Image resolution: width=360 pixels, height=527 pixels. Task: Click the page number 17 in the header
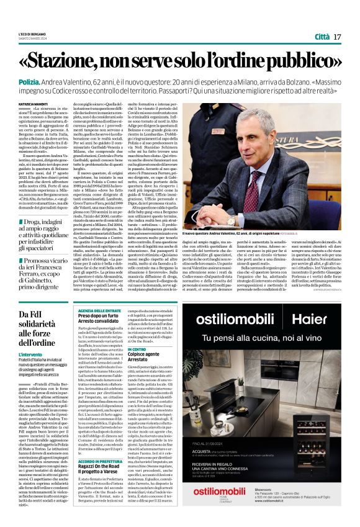pyautogui.click(x=338, y=37)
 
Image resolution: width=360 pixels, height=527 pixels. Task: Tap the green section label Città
pyautogui.click(x=318, y=37)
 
